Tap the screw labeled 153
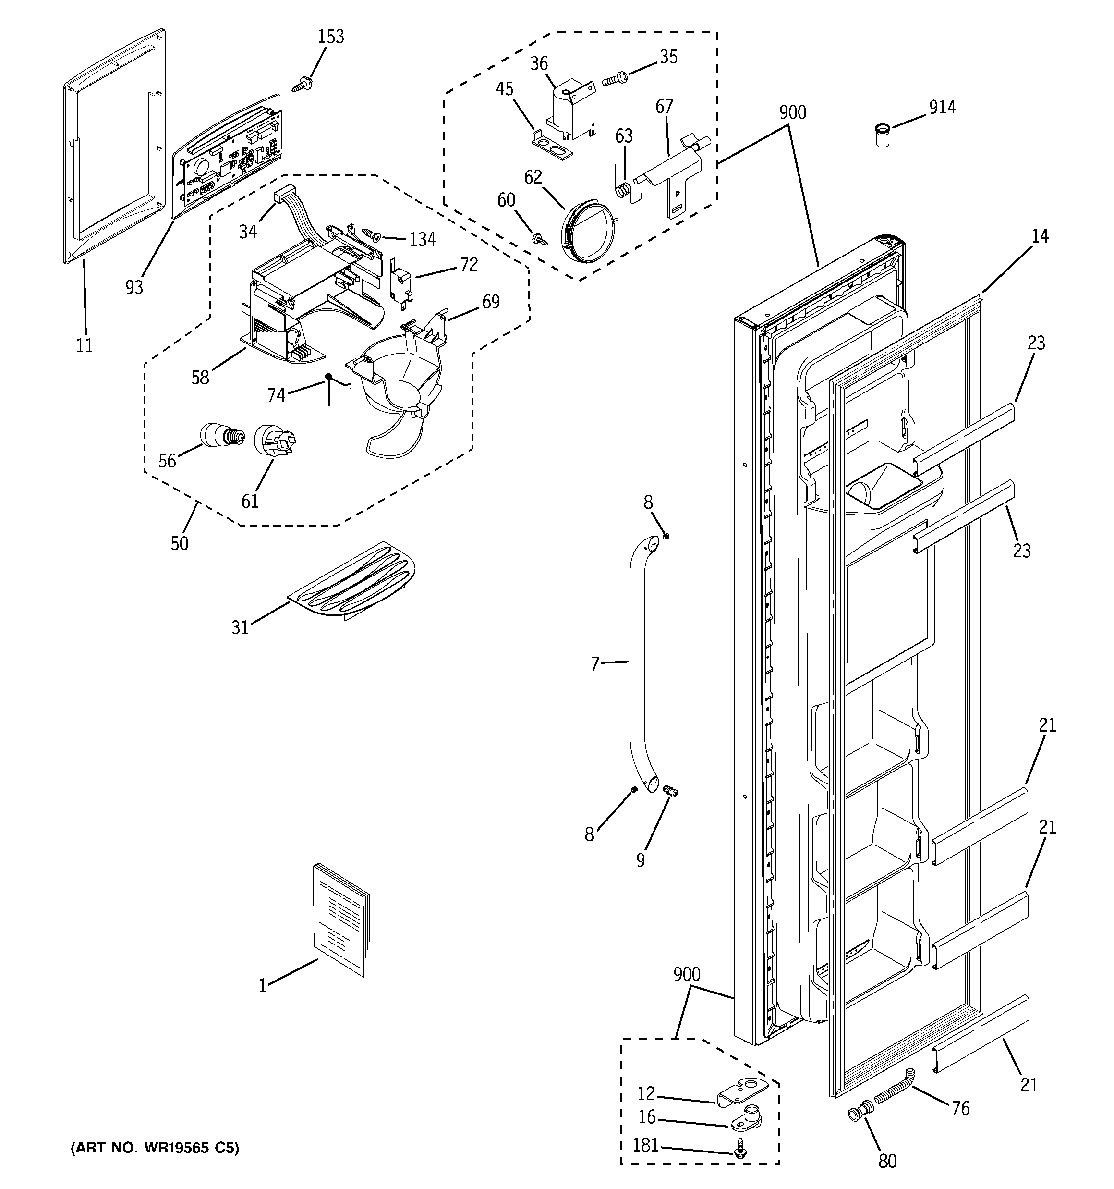click(x=301, y=85)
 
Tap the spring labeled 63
click(x=624, y=191)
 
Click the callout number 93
click(x=134, y=288)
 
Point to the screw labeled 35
click(x=614, y=78)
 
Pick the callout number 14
click(x=1040, y=236)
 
